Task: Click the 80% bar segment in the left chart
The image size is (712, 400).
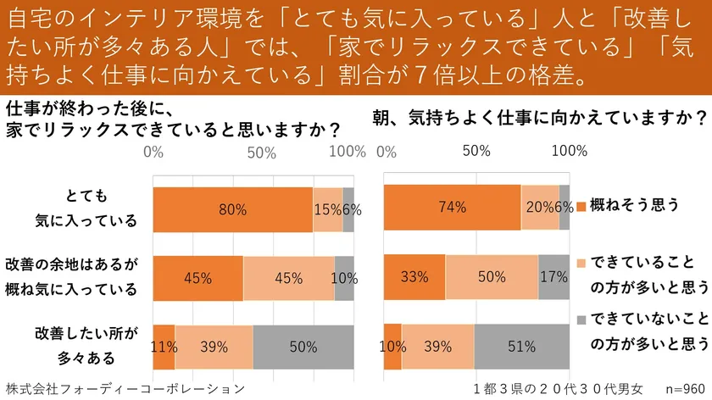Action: (x=232, y=209)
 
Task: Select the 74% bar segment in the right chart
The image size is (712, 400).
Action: (x=452, y=207)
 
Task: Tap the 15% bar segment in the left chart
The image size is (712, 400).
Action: (x=327, y=209)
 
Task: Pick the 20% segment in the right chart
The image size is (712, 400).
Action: (x=540, y=207)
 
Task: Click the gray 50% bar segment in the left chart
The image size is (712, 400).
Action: (x=303, y=347)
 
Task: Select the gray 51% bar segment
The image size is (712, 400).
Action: (x=521, y=347)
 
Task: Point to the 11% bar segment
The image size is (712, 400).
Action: (x=164, y=347)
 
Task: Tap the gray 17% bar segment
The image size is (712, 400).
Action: (x=553, y=276)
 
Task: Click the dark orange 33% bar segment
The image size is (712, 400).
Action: (x=414, y=276)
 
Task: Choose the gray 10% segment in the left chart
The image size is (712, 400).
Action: (x=344, y=278)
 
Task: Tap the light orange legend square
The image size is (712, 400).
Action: (x=581, y=263)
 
